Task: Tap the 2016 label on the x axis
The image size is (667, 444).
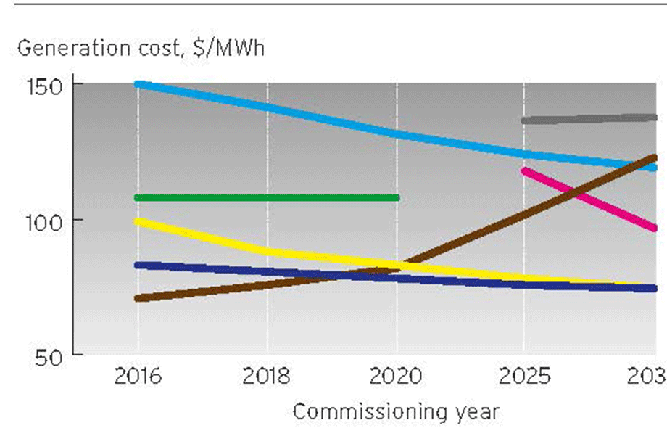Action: [x=138, y=377]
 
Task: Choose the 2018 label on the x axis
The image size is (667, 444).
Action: [x=268, y=377]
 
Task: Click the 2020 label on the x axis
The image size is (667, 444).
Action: [x=397, y=377]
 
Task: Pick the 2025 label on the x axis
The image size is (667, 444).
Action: [x=523, y=377]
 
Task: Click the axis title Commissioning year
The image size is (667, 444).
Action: [x=396, y=412]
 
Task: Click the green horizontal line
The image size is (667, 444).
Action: [x=268, y=197]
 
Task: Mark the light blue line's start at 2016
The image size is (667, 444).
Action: [x=138, y=84]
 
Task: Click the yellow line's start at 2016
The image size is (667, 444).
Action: [x=138, y=221]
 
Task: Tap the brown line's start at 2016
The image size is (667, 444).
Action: [x=138, y=298]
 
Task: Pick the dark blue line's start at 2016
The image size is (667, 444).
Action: [x=138, y=265]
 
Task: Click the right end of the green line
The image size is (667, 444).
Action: [x=396, y=197]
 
